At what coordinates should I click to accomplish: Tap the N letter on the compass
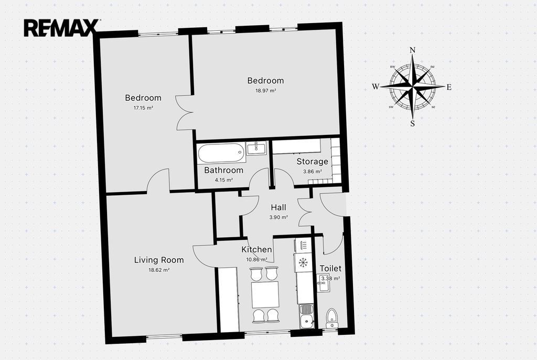[412, 50]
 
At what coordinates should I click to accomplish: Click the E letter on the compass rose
[449, 87]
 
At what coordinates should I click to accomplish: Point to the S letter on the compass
[412, 123]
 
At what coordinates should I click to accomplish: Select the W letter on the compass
[375, 87]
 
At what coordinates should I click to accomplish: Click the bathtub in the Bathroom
[221, 153]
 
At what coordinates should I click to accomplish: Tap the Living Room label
[159, 260]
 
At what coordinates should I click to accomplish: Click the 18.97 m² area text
[266, 91]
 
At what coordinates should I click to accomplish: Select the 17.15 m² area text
[143, 108]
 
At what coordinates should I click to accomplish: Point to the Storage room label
[313, 162]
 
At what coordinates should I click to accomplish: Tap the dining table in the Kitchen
[265, 295]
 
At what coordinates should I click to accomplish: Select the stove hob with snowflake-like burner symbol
[303, 262]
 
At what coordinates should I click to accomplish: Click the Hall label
[278, 207]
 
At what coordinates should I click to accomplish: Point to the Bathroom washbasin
[256, 148]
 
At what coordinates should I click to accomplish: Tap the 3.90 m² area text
[278, 217]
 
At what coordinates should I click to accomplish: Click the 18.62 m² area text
[159, 270]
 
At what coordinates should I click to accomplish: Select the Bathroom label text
[223, 170]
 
